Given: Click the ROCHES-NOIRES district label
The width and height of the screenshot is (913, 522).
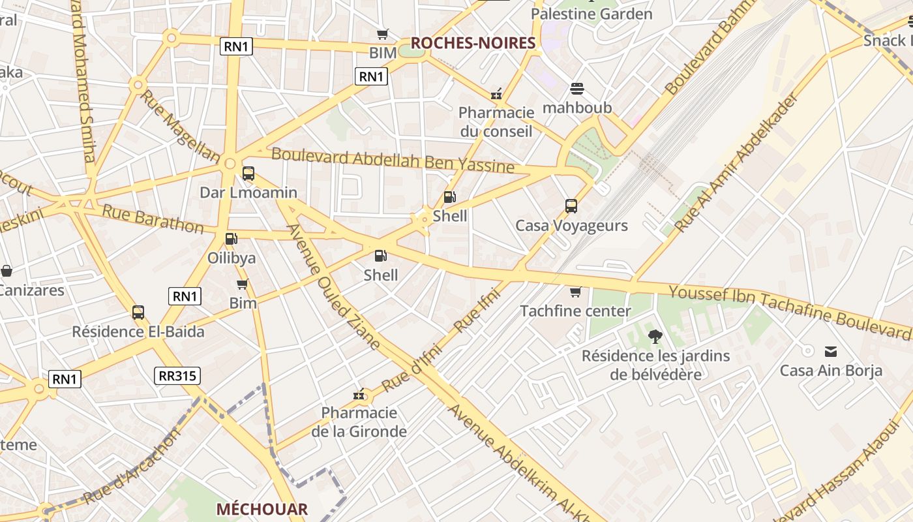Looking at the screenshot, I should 473,43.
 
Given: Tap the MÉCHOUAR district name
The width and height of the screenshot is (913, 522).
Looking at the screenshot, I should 262,509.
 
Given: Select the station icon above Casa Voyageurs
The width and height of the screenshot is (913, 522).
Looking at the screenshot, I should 571,206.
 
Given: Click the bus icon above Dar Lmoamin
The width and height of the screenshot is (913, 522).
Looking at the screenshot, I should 248,174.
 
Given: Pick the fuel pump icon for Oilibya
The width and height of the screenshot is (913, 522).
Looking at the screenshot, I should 231,239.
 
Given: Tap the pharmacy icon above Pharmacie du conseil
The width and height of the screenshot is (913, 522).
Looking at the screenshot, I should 496,94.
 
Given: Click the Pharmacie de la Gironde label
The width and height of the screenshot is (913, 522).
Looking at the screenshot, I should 359,422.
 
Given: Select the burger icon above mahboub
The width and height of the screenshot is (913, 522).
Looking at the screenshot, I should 577,88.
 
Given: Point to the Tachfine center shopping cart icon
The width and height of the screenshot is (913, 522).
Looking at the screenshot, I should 575,292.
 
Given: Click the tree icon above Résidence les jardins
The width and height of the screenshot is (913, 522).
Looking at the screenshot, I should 655,337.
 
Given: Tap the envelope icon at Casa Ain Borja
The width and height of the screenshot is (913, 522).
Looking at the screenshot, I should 831,352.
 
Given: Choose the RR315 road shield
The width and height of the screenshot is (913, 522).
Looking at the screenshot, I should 177,376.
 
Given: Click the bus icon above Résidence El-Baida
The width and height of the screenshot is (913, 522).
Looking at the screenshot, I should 138,313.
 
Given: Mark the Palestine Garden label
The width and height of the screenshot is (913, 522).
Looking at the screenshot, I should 591,14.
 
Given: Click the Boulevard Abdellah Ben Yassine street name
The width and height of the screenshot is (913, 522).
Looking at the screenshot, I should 393,160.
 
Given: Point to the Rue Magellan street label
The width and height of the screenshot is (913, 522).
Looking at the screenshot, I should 181,126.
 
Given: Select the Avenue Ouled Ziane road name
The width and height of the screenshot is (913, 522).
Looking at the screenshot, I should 333,287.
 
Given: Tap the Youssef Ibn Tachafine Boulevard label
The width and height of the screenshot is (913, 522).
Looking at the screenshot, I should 790,311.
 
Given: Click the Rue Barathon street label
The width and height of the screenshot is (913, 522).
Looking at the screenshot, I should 153,219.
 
